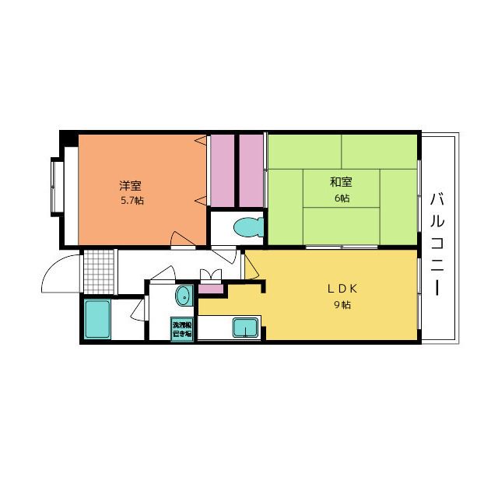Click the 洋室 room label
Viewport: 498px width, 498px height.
[130, 185]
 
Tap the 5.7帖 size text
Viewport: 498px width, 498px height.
[131, 201]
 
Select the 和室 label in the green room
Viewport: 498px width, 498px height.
[341, 182]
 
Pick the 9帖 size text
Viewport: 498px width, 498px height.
[342, 305]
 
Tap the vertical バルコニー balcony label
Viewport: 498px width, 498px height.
[438, 242]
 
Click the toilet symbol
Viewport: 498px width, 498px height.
[247, 228]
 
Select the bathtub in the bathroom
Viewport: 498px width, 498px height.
[97, 319]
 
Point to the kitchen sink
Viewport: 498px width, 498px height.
[246, 328]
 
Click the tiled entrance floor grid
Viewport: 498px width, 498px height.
[99, 268]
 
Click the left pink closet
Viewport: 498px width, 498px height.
[223, 170]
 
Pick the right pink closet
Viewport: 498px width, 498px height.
[251, 170]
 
